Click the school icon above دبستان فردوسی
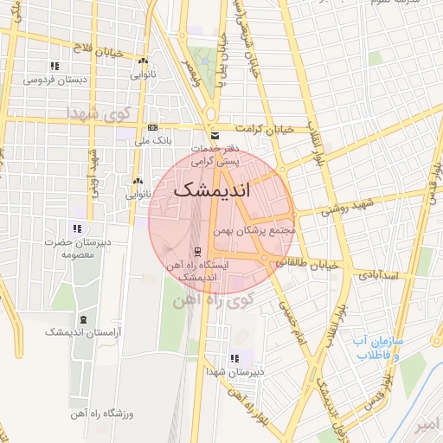[x=55, y=66]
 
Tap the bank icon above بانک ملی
[x=153, y=127]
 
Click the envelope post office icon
[x=215, y=137]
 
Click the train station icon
[x=198, y=252]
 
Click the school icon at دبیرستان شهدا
[x=234, y=358]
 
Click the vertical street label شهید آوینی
[x=93, y=171]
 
